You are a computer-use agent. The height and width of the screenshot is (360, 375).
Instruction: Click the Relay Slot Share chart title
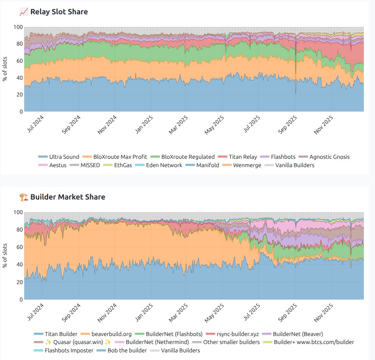[59, 12]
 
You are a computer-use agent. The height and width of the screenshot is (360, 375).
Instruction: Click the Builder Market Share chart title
[68, 197]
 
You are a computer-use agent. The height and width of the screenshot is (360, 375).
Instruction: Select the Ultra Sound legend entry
[64, 157]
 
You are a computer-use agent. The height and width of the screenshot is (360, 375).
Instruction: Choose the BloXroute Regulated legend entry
[188, 157]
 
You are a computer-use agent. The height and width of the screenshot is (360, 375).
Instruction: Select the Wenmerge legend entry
[247, 165]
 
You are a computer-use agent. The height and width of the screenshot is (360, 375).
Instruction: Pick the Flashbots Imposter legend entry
[69, 350]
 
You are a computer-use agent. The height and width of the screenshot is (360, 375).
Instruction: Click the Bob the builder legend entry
[127, 350]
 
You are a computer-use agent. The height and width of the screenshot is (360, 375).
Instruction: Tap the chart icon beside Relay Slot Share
[24, 12]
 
